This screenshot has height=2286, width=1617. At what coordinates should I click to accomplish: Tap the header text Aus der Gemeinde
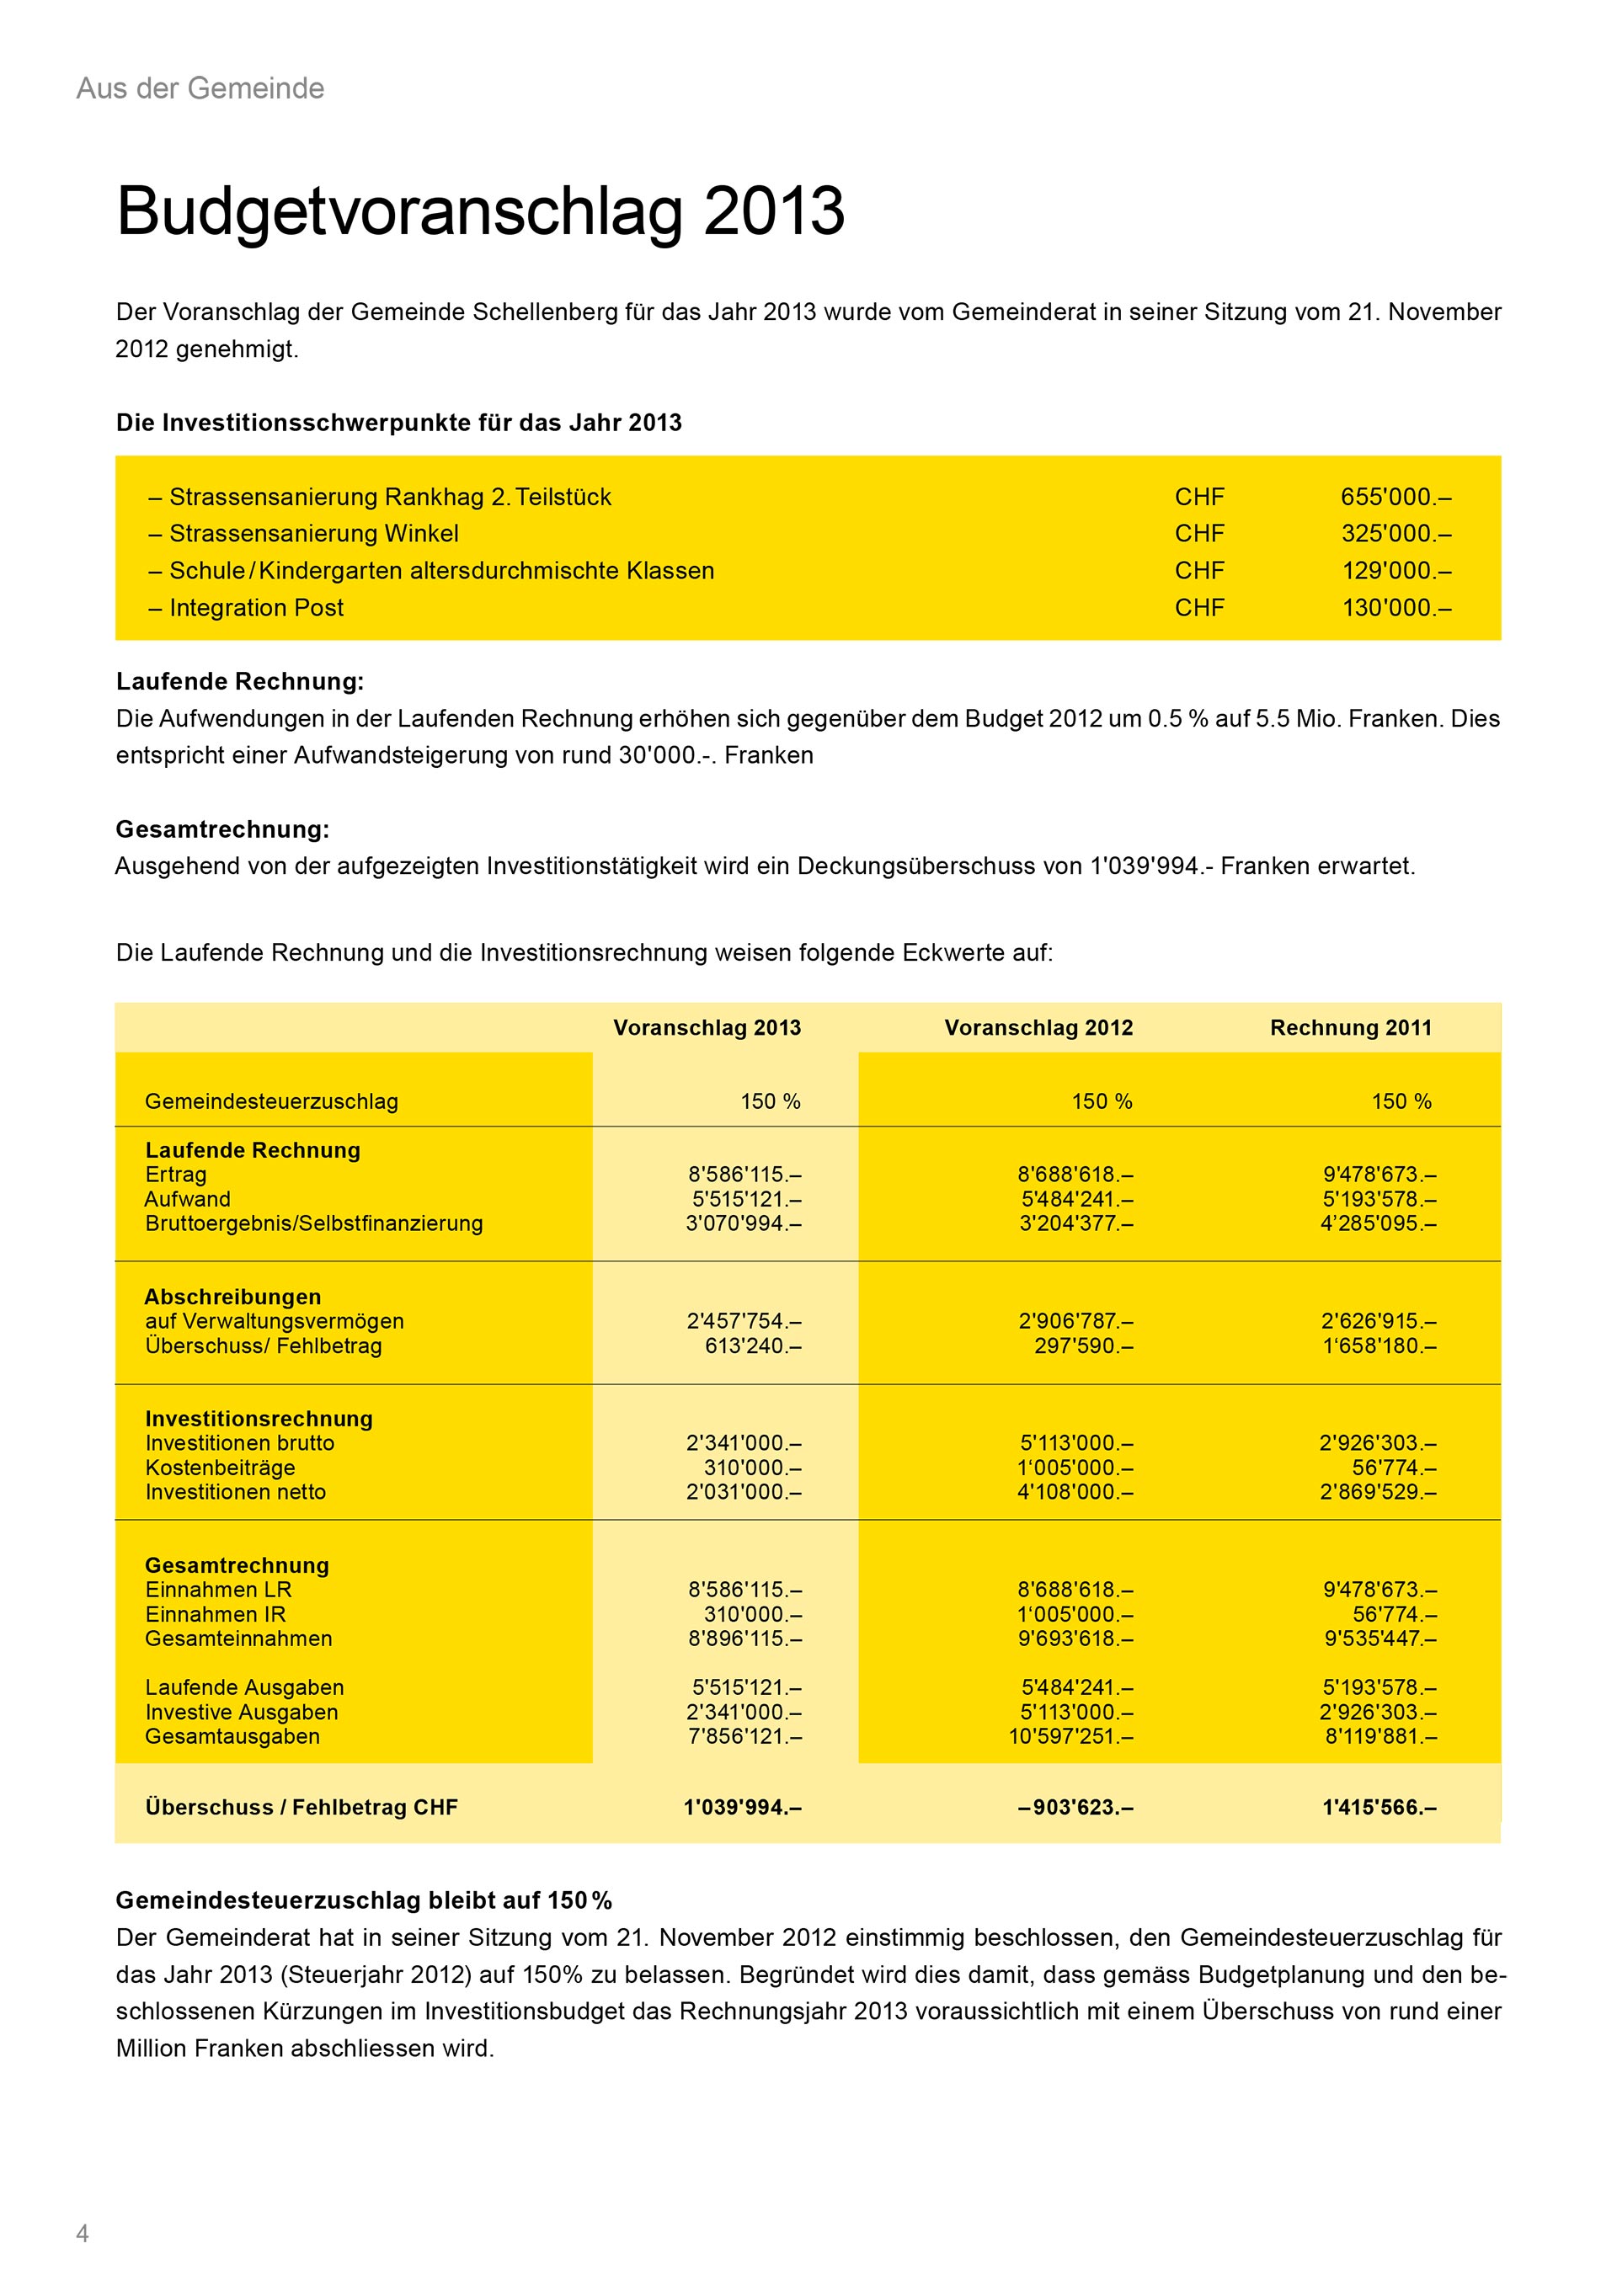(x=200, y=88)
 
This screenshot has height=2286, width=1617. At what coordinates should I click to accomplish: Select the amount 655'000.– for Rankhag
(x=1395, y=497)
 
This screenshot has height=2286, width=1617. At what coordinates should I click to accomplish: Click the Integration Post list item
(x=256, y=607)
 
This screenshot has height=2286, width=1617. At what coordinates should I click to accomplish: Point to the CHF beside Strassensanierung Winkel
(x=1198, y=534)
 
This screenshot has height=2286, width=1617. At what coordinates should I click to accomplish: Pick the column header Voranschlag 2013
(x=707, y=1027)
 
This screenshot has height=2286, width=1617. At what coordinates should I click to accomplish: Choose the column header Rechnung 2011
(x=1350, y=1027)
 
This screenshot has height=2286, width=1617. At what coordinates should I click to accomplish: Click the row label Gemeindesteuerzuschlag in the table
(x=271, y=1101)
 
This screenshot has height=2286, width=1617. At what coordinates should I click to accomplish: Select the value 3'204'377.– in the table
(x=1075, y=1223)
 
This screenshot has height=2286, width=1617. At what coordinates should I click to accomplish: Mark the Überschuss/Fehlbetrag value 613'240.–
(x=753, y=1345)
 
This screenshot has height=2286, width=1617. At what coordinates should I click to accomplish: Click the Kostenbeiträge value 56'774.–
(x=1394, y=1467)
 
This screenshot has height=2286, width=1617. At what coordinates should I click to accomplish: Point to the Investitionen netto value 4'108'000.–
(x=1075, y=1491)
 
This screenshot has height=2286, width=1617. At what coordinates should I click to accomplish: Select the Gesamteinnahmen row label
(x=239, y=1638)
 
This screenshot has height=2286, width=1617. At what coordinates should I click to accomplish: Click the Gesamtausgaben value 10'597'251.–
(x=1071, y=1735)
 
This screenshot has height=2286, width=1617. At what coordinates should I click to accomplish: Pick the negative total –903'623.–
(x=1075, y=1807)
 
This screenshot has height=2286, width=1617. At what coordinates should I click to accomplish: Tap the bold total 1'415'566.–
(x=1379, y=1807)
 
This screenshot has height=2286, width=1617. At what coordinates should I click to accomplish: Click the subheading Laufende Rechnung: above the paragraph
(x=240, y=681)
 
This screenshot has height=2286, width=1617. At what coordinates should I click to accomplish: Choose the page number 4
(x=83, y=2232)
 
